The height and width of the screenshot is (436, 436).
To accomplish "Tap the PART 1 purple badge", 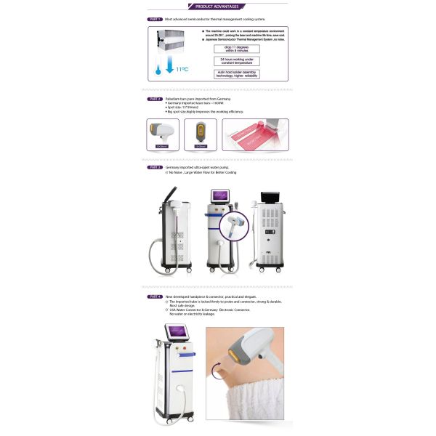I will click(x=154, y=20).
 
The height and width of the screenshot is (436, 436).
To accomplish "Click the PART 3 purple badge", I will click(x=154, y=167).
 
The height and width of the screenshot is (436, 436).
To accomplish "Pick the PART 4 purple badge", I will click(x=154, y=296).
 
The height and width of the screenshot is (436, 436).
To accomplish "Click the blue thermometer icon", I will click(x=156, y=69).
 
